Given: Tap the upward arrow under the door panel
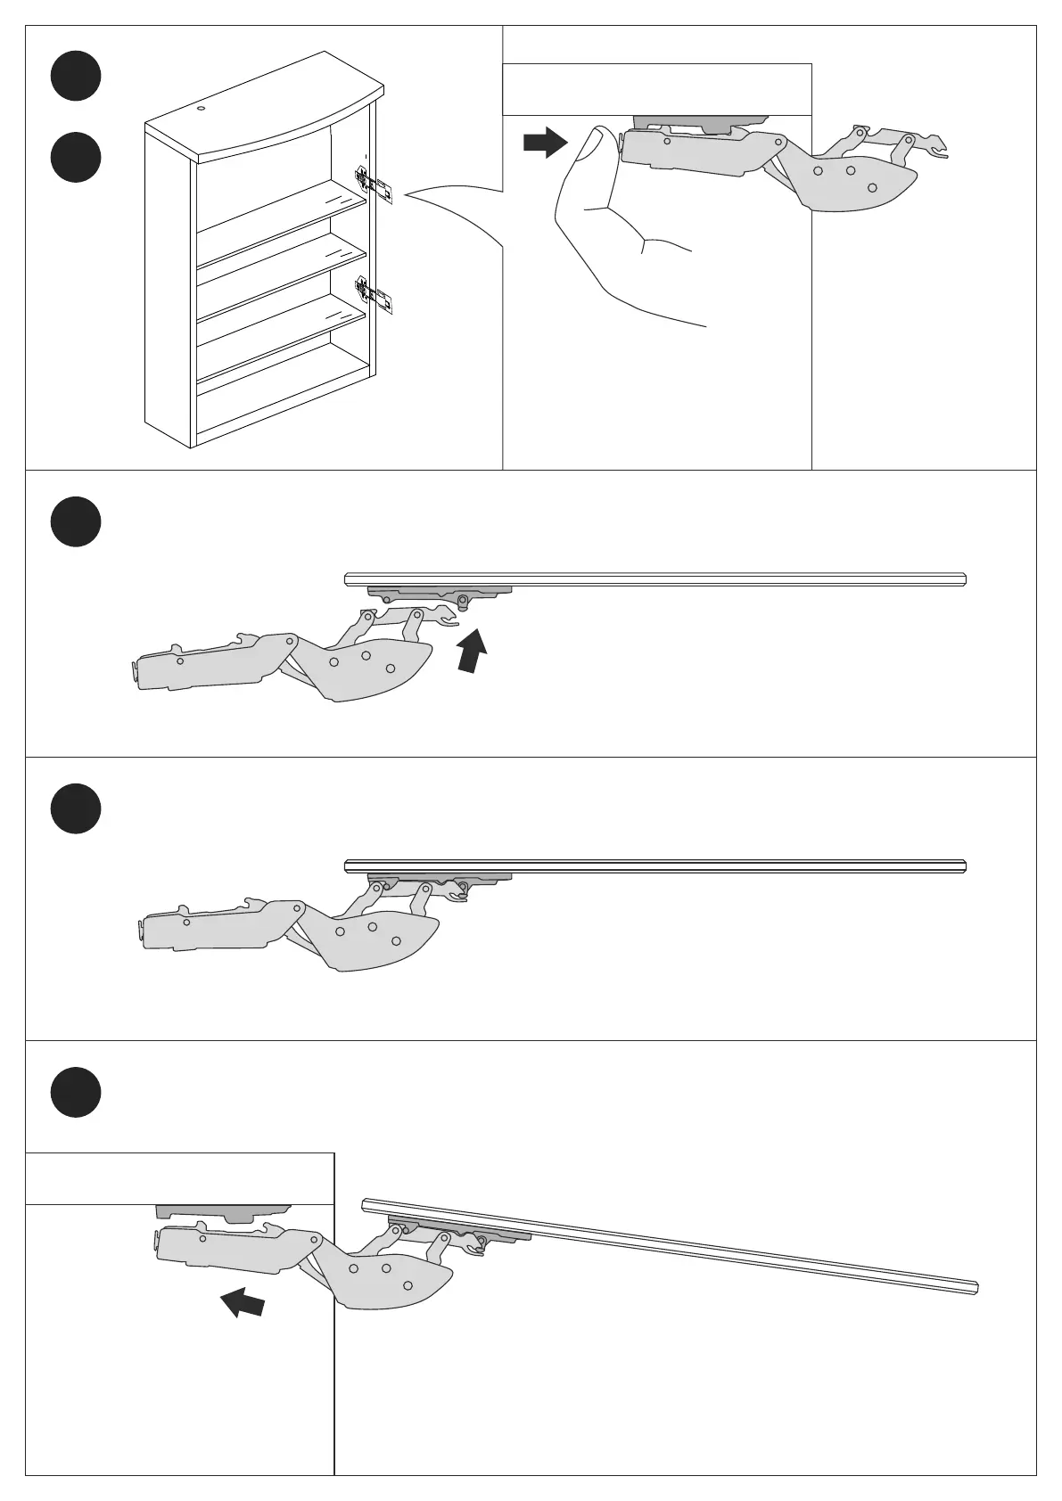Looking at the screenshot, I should [473, 650].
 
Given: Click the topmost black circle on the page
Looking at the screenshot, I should [76, 77].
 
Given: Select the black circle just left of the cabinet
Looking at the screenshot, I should [76, 158].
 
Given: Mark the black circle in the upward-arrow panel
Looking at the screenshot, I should [76, 521].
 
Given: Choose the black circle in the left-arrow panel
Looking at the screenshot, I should [76, 1092].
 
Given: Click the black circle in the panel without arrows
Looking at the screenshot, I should [76, 808].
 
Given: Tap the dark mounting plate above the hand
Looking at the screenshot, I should [700, 121].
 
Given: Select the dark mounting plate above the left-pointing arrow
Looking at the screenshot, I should [223, 1212].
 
